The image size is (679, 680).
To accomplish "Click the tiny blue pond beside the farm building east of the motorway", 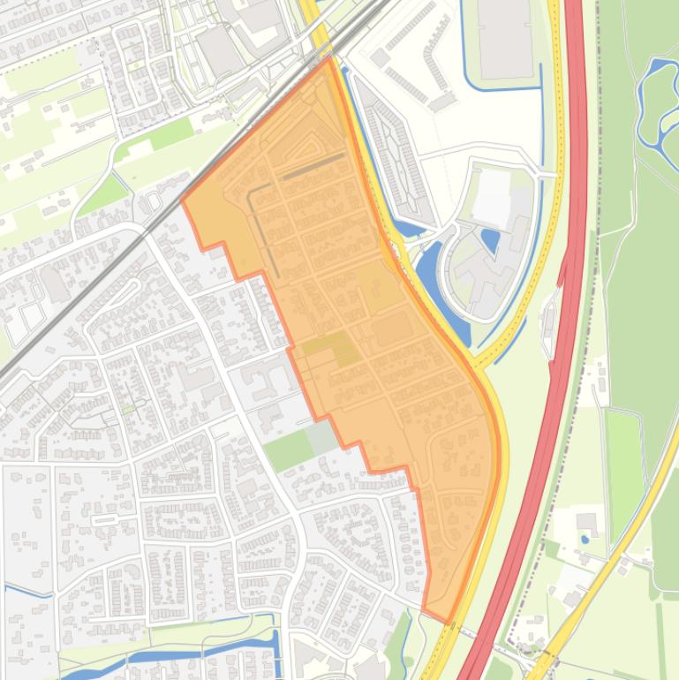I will pos(584,538).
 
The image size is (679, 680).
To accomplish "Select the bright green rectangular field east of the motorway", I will pos(624,459).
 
